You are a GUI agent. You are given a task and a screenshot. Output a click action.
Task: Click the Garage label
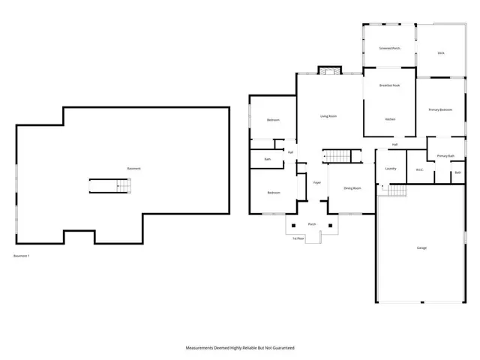[x=421, y=247]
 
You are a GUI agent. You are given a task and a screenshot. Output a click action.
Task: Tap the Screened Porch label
[x=389, y=48]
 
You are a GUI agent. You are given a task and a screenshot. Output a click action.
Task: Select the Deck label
[x=441, y=52]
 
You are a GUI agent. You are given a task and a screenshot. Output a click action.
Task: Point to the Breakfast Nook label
[x=389, y=85]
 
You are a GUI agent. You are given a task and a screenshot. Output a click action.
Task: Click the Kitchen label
[x=390, y=119]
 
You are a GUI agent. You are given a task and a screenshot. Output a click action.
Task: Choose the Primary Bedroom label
[x=440, y=110]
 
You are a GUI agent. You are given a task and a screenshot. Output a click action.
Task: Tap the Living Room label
[x=328, y=116]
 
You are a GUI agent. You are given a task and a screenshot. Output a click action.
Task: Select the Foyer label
[x=317, y=182]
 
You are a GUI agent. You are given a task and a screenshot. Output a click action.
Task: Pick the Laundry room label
[x=390, y=169]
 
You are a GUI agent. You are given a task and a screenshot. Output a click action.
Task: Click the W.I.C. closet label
[x=420, y=169]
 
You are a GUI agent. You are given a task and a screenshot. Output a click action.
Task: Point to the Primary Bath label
[x=445, y=155]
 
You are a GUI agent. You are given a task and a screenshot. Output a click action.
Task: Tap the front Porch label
[x=312, y=224]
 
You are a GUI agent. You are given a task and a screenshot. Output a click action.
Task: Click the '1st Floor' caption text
[x=298, y=238]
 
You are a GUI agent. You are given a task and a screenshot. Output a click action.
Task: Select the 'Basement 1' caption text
[x=22, y=256]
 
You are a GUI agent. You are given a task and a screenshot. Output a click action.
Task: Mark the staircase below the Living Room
[x=337, y=156]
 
